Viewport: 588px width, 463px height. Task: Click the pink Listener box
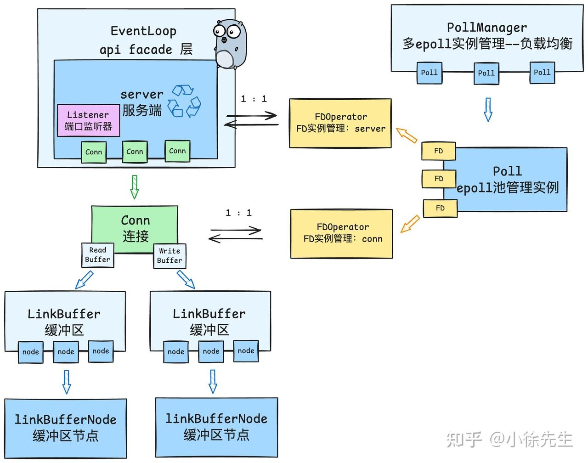coord(88,120)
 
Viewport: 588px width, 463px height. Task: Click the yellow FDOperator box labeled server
coord(340,123)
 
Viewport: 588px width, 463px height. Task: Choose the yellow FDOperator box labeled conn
coord(342,233)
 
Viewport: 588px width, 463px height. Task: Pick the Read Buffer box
coord(97,255)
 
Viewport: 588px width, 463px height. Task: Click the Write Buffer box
coord(170,256)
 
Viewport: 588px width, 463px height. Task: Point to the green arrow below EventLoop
coord(134,186)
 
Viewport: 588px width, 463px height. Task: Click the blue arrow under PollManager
coord(488,109)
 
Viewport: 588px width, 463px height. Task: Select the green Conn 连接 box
coord(135,228)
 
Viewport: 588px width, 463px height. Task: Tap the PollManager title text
coord(487,28)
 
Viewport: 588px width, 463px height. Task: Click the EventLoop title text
coord(143,31)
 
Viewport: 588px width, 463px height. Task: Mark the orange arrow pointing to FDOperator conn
coord(410,224)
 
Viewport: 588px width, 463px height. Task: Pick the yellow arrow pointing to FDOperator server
coord(407,136)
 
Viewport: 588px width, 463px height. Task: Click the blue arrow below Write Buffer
coord(186,279)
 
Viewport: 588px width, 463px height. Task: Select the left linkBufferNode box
coord(66,428)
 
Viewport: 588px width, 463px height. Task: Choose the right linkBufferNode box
coord(216,427)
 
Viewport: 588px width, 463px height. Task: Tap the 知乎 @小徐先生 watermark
coord(509,440)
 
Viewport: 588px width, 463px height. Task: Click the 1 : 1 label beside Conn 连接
coord(238,213)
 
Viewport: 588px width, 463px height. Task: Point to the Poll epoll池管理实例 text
coord(507,179)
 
